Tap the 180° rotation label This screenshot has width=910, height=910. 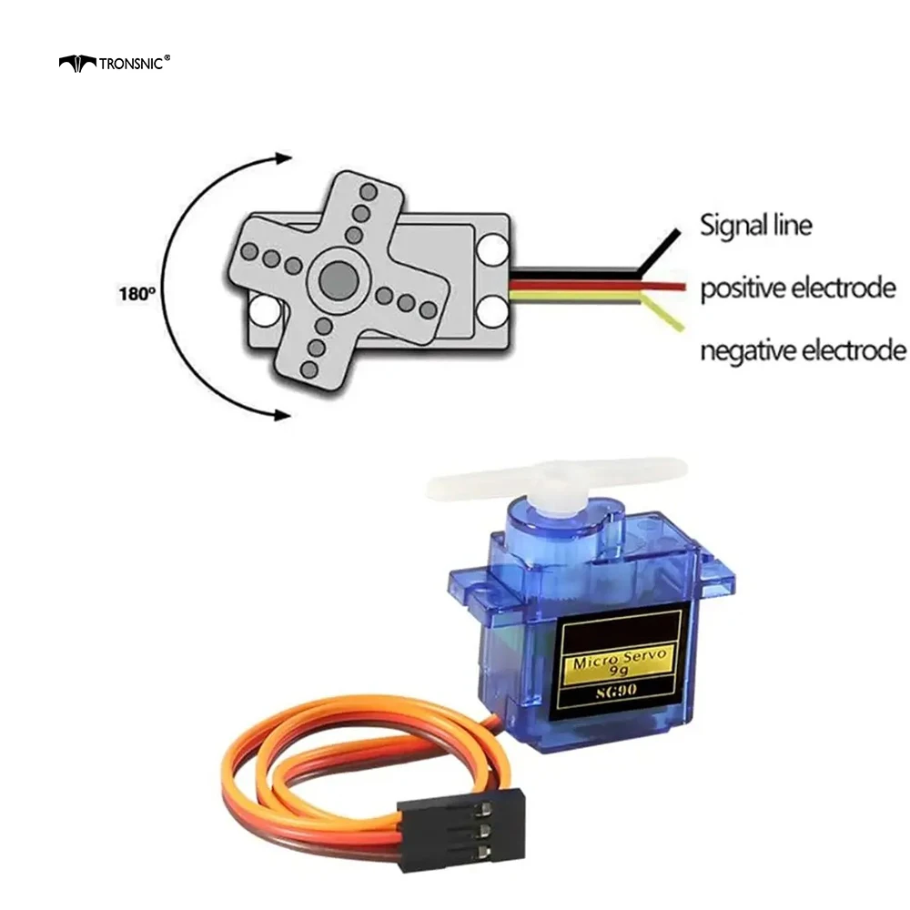point(137,294)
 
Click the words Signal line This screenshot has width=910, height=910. point(755,225)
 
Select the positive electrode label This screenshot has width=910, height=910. point(798,288)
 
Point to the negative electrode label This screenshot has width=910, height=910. point(804,350)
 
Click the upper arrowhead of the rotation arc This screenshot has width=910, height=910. point(283,157)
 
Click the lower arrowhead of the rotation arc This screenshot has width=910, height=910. point(283,414)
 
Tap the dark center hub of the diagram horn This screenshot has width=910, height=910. point(338,280)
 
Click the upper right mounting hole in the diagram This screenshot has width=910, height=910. point(492,249)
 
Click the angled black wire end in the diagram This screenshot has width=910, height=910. point(659,250)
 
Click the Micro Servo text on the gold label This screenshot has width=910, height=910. point(620,659)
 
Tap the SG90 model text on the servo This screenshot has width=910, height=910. point(616,691)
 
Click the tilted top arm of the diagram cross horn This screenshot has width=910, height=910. point(364,204)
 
